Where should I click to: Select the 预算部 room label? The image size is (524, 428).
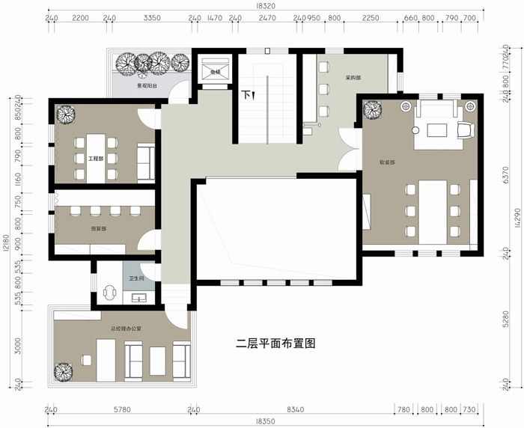pos(98,228)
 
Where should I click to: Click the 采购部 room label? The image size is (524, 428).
pos(353,78)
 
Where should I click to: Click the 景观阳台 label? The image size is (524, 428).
pos(147,86)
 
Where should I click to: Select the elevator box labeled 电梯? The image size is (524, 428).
pos(213,71)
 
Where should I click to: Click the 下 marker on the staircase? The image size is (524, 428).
pos(246,96)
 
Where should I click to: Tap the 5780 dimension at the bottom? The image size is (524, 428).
pos(122,409)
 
